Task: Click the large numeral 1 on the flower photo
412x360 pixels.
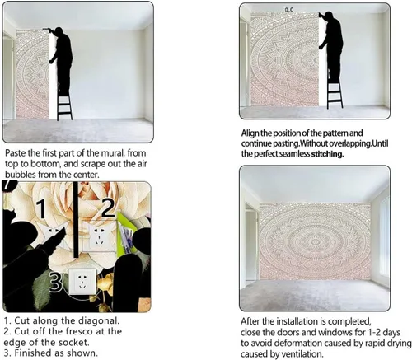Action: click(43, 209)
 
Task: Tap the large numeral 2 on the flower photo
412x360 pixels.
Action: click(108, 208)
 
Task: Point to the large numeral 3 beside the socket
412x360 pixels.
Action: click(55, 282)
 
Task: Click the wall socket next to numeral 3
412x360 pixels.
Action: click(82, 282)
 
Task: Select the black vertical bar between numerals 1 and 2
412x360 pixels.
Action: click(76, 220)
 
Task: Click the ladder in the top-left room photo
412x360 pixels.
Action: click(65, 101)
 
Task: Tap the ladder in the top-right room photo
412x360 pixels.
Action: click(335, 91)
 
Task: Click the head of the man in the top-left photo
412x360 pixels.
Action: click(59, 30)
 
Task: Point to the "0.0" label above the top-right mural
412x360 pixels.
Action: click(289, 10)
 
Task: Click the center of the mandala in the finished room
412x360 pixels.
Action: click(315, 241)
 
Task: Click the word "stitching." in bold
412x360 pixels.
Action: click(327, 154)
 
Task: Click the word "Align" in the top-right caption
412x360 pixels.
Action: click(250, 133)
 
